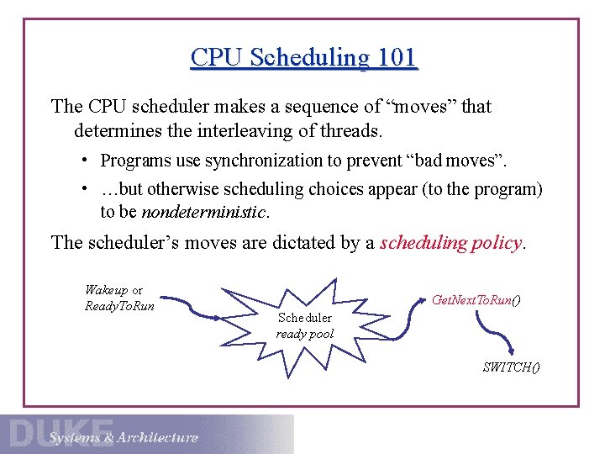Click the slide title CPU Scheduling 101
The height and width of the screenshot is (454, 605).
(303, 57)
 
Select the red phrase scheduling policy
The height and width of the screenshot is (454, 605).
(452, 243)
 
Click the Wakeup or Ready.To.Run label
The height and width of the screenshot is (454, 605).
(119, 298)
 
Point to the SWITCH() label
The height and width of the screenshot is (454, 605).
(511, 367)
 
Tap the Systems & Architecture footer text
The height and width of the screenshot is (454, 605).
(124, 437)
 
